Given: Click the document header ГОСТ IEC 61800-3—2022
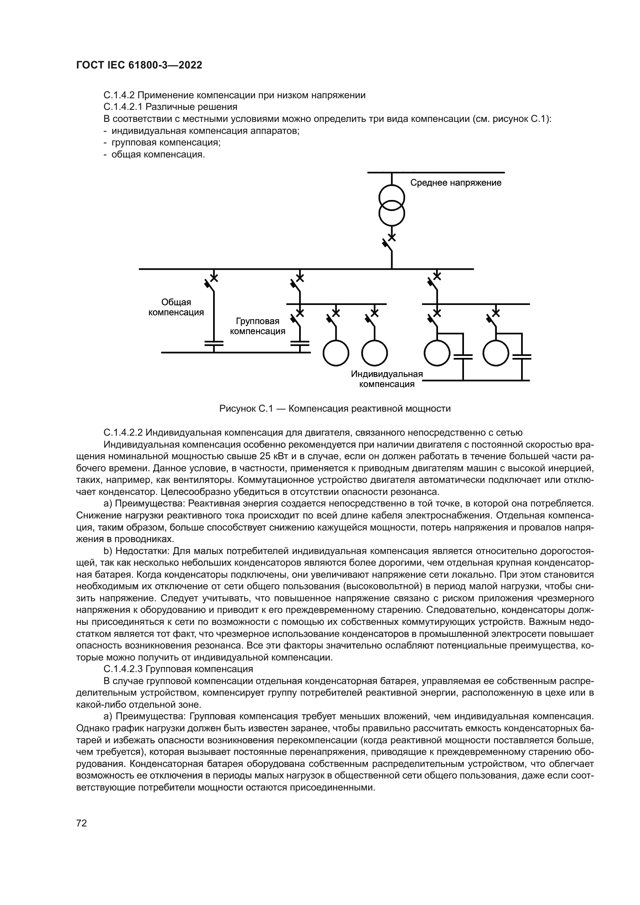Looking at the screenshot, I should (139, 65).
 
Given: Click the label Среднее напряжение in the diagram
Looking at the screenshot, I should (455, 183).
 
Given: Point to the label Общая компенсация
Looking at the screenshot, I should (176, 308).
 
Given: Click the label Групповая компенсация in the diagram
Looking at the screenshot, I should (257, 327).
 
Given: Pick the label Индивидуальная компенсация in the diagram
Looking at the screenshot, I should (387, 379).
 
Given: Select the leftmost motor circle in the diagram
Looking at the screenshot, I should (336, 353).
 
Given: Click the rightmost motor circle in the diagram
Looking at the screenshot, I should (496, 353).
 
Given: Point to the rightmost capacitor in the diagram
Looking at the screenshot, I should (521, 357).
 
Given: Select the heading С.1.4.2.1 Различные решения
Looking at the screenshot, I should (170, 107).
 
